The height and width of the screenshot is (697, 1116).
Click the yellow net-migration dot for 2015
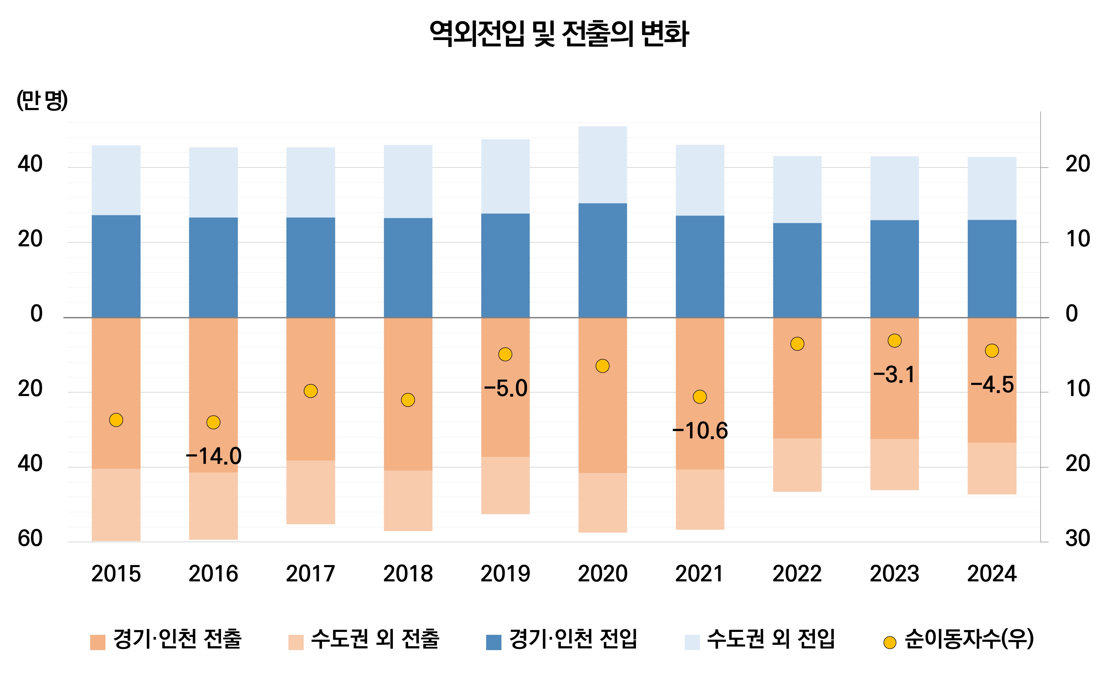click(116, 420)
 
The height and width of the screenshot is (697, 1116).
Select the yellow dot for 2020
click(602, 366)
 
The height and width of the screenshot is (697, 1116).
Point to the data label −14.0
click(214, 456)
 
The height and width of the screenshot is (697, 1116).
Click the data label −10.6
click(700, 431)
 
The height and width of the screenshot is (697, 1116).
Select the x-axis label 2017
click(310, 574)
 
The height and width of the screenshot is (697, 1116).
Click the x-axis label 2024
click(992, 574)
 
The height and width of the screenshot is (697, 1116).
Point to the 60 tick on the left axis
click(30, 538)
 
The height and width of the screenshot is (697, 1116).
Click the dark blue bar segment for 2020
click(602, 260)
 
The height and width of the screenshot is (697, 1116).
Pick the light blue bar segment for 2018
click(408, 182)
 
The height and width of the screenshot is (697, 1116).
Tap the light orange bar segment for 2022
click(797, 465)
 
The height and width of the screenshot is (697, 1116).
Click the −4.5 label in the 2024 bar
click(992, 385)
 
